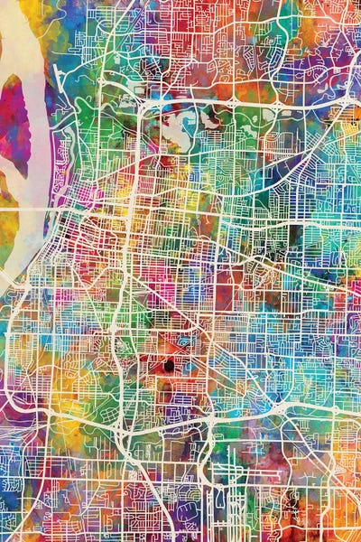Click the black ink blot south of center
(x=168, y=366)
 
